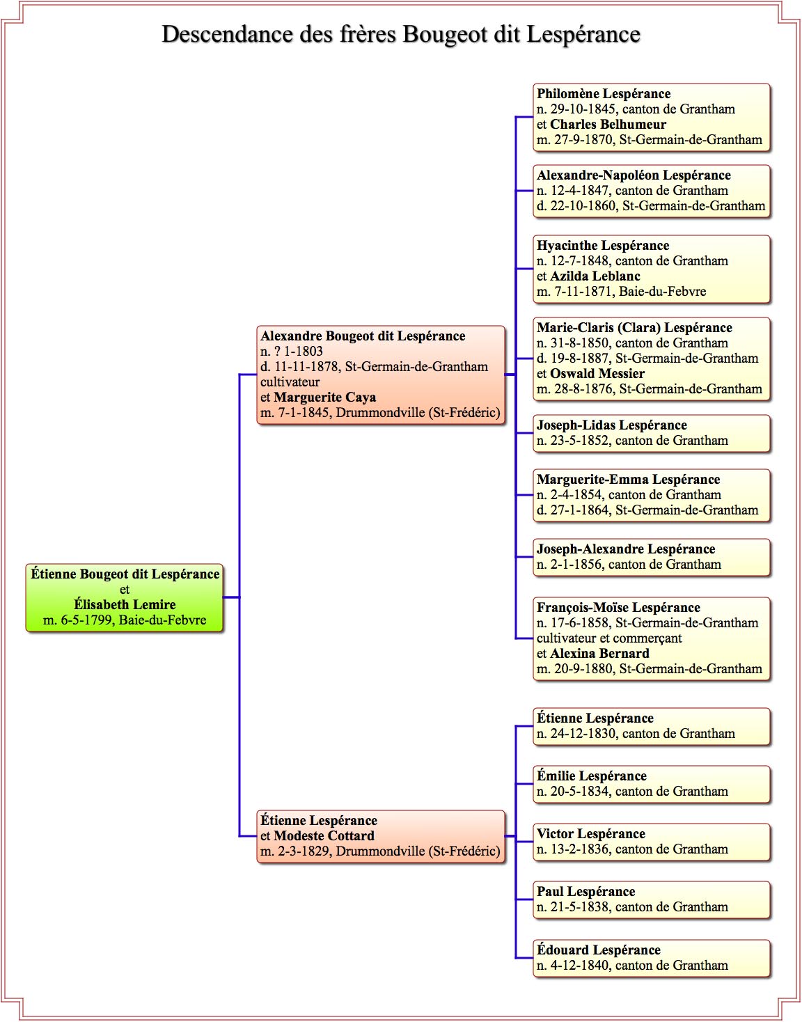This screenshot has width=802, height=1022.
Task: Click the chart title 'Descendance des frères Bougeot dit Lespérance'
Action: [401, 35]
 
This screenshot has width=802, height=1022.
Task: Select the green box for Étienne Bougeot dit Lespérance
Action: [124, 597]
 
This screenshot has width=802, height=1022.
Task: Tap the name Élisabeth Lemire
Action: [125, 604]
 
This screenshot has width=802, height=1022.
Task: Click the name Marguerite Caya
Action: [325, 398]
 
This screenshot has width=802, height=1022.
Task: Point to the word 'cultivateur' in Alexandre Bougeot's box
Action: [290, 382]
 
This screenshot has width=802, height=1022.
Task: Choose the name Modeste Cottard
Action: [324, 835]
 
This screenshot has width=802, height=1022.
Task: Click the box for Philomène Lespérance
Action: [652, 117]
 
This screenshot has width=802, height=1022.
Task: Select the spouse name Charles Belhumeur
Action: [608, 125]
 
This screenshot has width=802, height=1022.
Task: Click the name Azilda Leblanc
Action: [595, 276]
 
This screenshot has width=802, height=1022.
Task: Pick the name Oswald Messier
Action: [597, 373]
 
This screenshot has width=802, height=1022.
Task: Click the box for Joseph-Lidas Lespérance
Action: [652, 433]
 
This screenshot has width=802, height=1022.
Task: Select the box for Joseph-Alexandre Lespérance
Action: [652, 558]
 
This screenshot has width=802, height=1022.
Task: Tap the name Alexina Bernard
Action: [600, 653]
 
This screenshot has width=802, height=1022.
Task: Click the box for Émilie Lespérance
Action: [652, 785]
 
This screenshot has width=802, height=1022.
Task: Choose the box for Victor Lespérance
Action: [652, 842]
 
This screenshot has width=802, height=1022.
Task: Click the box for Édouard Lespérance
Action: [652, 959]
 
